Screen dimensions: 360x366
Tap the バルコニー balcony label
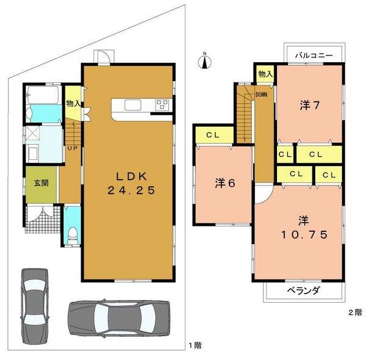click(x=313, y=55)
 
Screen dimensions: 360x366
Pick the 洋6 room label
click(x=224, y=182)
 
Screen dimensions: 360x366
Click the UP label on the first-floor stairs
click(x=72, y=148)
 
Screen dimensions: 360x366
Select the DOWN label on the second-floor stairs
click(x=260, y=95)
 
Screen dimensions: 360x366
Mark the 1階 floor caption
click(x=195, y=345)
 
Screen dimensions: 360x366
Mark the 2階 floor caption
click(x=354, y=312)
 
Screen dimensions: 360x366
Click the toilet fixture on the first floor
click(x=72, y=232)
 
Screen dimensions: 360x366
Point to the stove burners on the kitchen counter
click(x=162, y=104)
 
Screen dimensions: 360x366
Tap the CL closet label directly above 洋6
click(x=213, y=134)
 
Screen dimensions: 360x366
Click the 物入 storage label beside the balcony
click(x=265, y=74)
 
